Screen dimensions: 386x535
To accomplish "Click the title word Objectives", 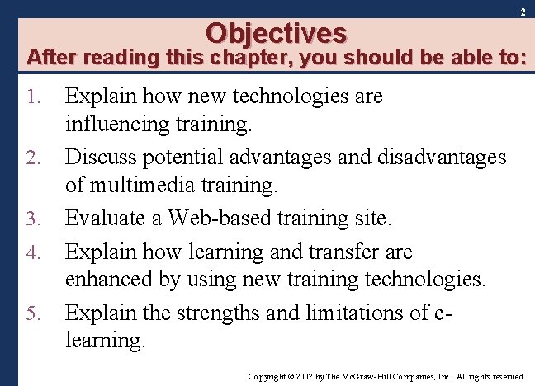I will [x=277, y=32].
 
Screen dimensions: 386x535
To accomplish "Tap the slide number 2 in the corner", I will [x=523, y=12].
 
